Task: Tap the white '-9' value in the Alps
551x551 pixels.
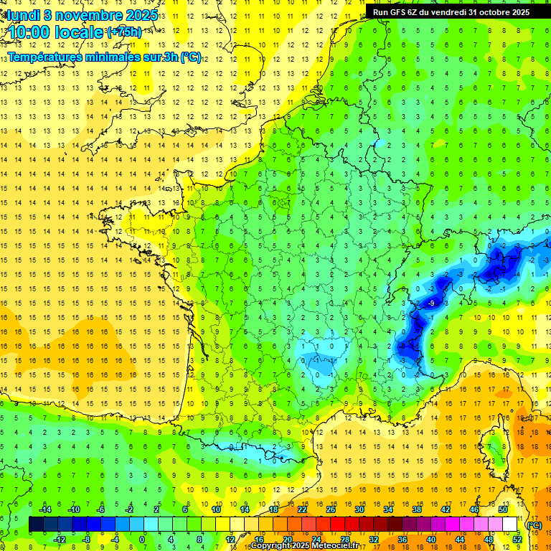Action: pyautogui.click(x=430, y=303)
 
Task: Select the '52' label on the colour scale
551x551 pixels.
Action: pyautogui.click(x=517, y=539)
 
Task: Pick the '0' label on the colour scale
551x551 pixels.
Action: pyautogui.click(x=142, y=539)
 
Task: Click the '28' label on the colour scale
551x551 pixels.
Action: pyautogui.click(x=344, y=539)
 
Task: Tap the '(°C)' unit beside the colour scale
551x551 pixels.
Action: pyautogui.click(x=534, y=525)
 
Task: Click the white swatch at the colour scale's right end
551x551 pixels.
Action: pyautogui.click(x=510, y=524)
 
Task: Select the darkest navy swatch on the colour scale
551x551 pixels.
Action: pyautogui.click(x=36, y=524)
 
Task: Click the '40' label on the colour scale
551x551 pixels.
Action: pyautogui.click(x=430, y=539)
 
